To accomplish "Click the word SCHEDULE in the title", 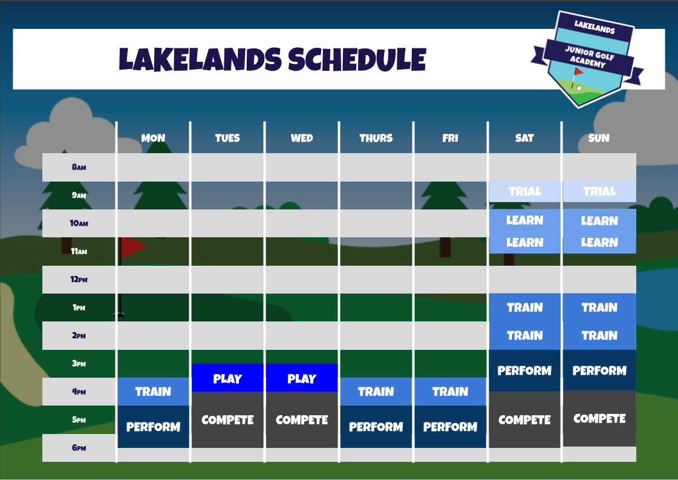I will [357, 59].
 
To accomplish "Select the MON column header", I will [153, 138].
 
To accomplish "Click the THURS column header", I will [376, 138].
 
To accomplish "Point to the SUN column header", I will [599, 138].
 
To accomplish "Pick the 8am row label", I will [79, 167].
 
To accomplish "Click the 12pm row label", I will [79, 280].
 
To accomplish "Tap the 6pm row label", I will [79, 448].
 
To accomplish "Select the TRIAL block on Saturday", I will [524, 191].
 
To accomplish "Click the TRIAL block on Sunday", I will [599, 191].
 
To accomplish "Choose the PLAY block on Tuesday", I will [227, 378].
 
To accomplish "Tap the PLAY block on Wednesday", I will [302, 378].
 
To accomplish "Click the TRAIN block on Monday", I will [153, 392].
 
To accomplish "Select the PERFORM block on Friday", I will [450, 427].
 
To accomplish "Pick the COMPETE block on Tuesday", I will [227, 419].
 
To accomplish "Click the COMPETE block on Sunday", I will [599, 418].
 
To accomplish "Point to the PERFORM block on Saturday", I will [524, 370].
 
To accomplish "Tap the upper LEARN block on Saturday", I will [524, 220].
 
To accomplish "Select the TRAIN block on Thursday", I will [376, 392].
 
